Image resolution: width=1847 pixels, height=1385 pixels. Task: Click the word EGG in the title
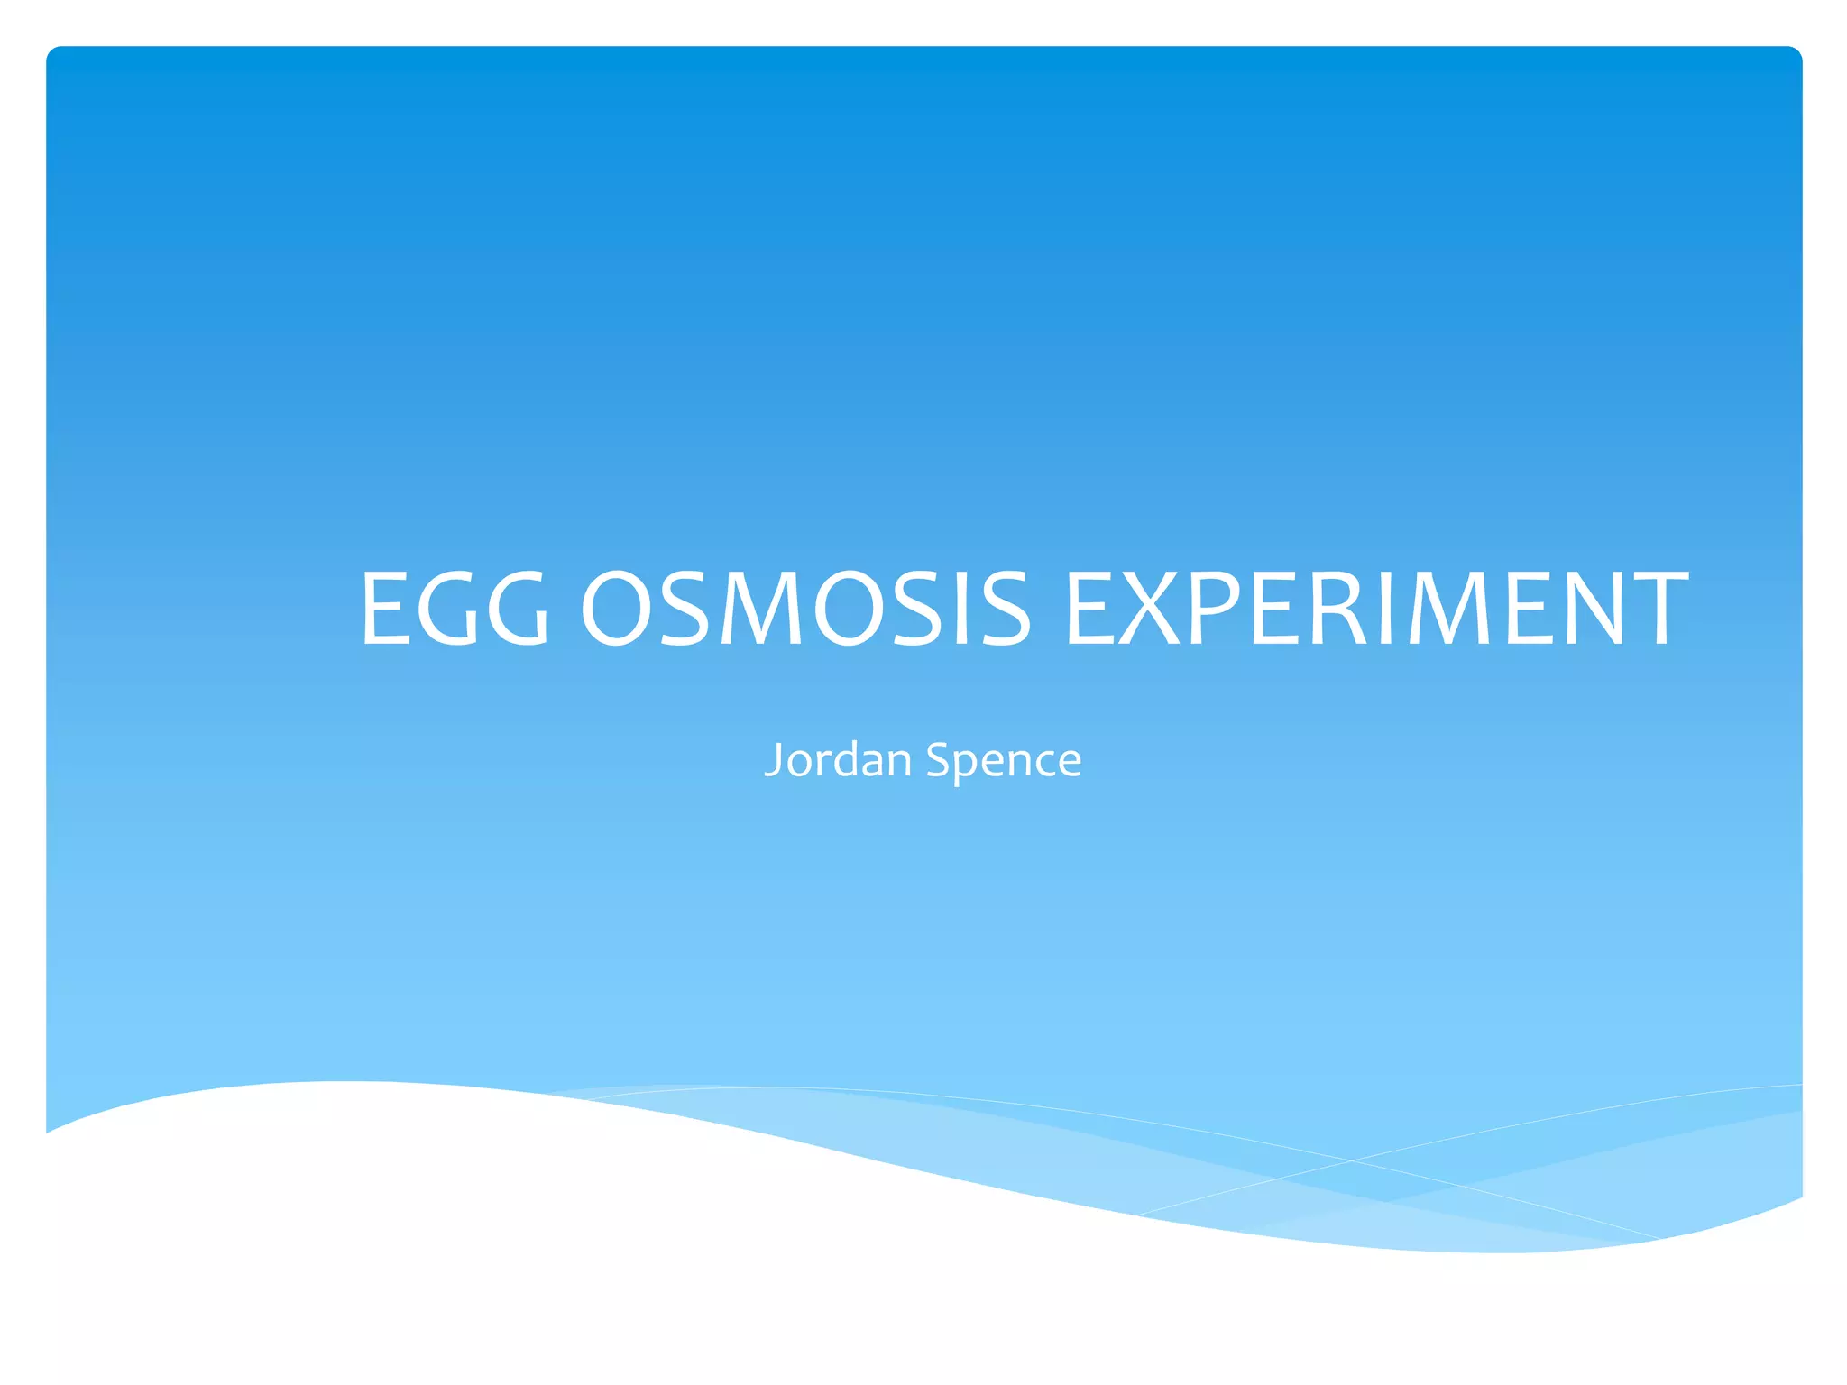(x=454, y=609)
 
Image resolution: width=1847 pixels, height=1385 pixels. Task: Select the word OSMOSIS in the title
(x=804, y=609)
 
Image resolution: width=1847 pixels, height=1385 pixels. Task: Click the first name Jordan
(x=838, y=759)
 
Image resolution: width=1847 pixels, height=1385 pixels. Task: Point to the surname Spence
(x=1004, y=759)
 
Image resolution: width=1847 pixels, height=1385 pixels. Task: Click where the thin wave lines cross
(x=1350, y=1160)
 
